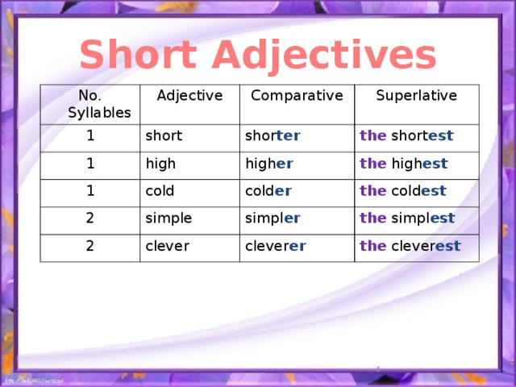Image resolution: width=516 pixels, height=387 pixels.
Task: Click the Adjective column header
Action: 189,96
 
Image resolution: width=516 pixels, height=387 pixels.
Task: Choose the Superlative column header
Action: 416,95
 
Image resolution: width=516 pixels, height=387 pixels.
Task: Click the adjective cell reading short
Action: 164,135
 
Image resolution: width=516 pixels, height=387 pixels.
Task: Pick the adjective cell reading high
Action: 161,163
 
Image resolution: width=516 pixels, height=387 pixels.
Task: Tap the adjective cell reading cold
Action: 160,190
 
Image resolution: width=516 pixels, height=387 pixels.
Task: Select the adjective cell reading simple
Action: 168,218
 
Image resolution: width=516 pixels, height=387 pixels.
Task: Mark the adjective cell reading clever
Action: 167,245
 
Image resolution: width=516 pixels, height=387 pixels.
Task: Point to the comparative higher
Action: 268,164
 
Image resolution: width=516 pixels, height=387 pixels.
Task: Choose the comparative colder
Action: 268,191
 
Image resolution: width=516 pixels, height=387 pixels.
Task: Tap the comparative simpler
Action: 273,218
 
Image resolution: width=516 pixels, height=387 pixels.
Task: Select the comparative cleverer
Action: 275,246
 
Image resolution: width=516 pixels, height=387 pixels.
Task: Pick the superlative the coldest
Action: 403,191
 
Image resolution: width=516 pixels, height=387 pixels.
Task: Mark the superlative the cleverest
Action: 410,246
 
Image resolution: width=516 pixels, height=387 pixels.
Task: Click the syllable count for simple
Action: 91,218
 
